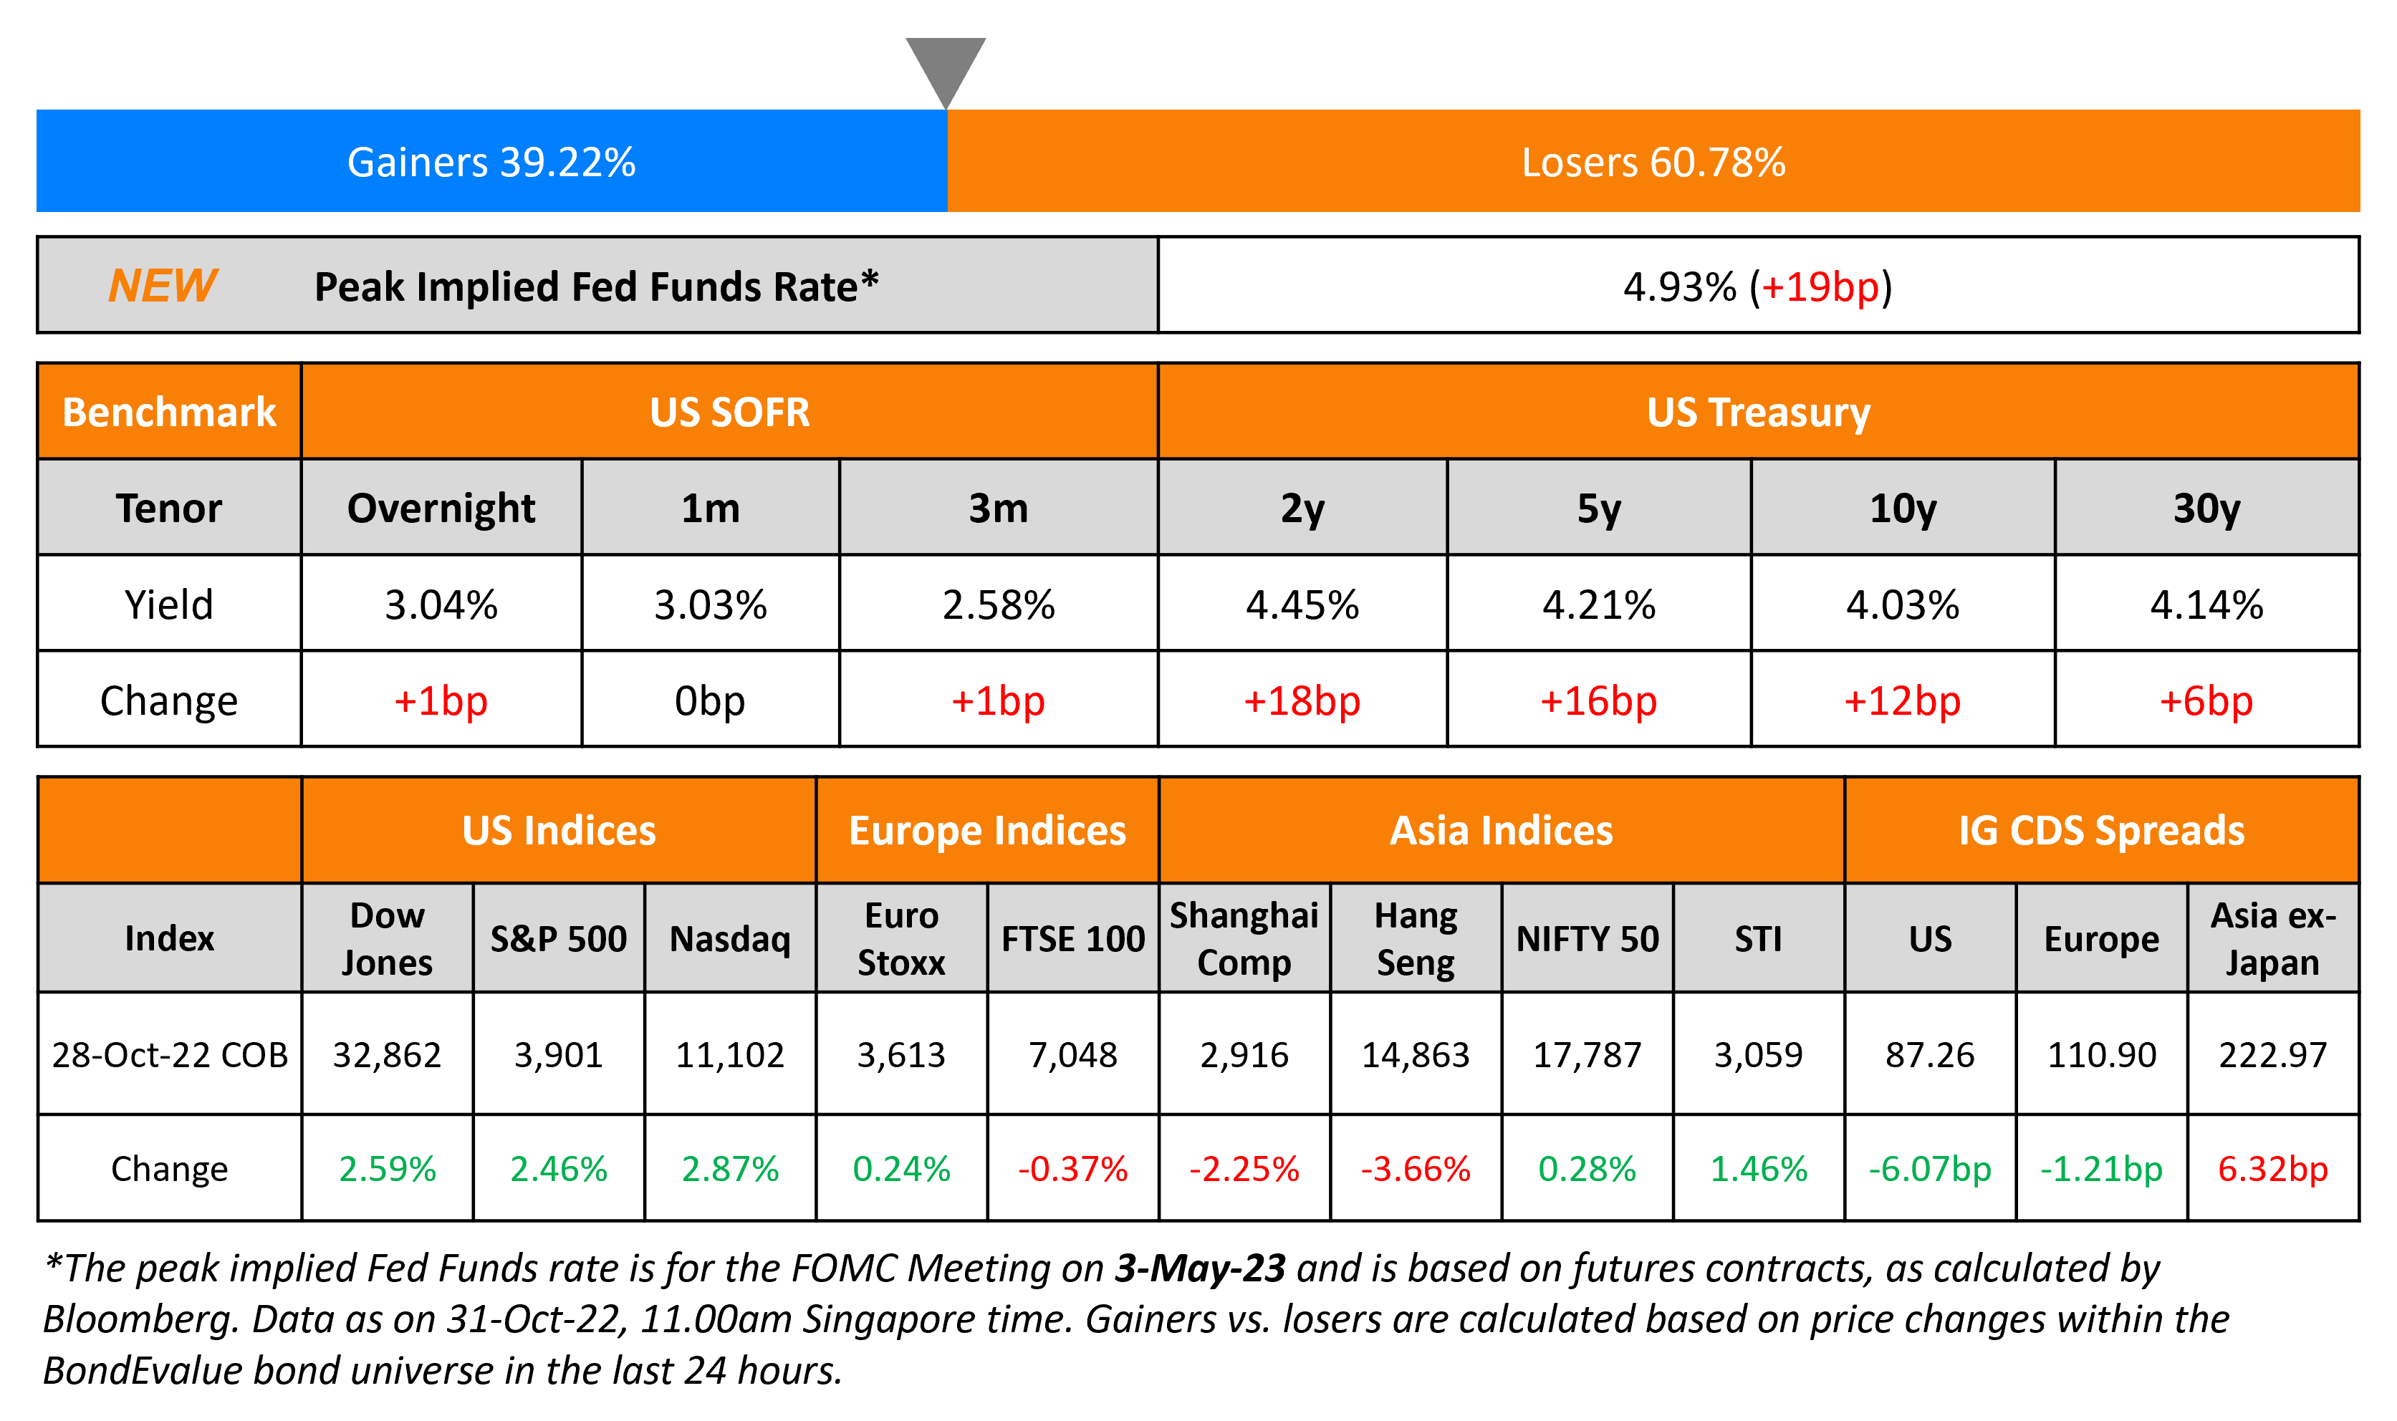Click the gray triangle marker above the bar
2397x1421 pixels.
click(945, 67)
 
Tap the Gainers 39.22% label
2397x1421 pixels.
click(491, 162)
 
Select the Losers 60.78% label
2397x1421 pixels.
click(1653, 162)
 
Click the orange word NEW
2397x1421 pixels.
click(162, 285)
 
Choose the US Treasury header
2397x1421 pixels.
click(1758, 412)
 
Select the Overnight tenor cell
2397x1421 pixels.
click(441, 508)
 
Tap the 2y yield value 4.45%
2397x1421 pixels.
click(1302, 604)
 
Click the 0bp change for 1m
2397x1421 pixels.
click(710, 701)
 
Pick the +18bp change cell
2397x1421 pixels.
click(1302, 701)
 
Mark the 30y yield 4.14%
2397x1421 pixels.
click(2206, 604)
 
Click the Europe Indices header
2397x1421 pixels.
click(987, 830)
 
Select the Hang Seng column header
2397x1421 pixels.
click(1416, 938)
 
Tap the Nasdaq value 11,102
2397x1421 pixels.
click(730, 1054)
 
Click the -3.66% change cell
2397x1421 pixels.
click(1416, 1168)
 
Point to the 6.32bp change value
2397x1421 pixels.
click(2272, 1168)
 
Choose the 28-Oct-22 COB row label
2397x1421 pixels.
click(170, 1054)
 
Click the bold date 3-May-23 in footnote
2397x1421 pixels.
click(1200, 1268)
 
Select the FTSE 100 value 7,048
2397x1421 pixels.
click(1072, 1054)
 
